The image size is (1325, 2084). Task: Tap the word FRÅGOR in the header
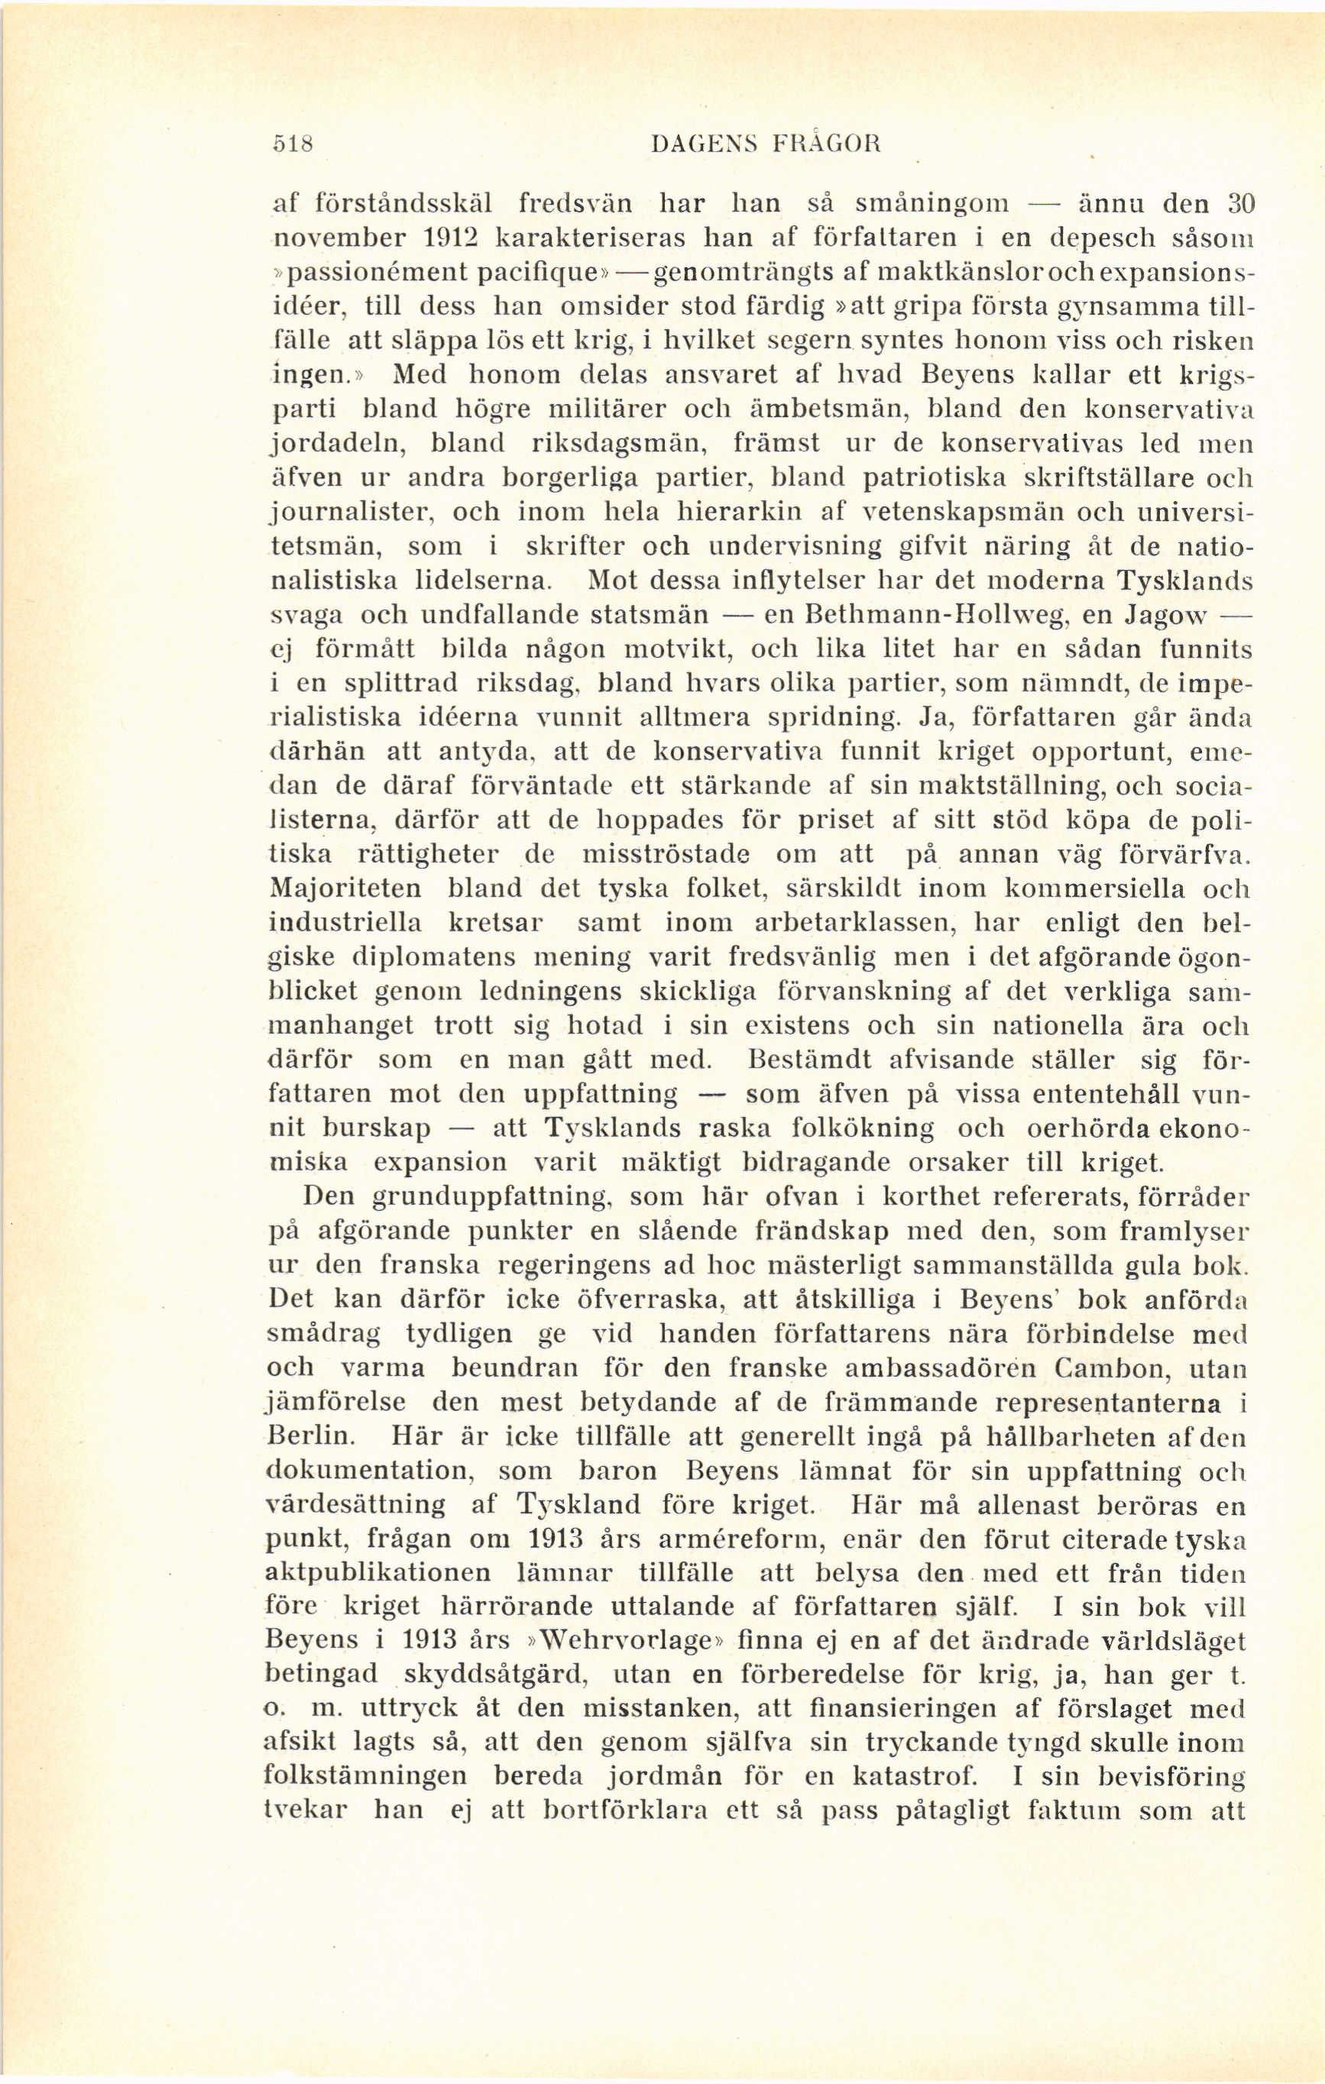pyautogui.click(x=823, y=142)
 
